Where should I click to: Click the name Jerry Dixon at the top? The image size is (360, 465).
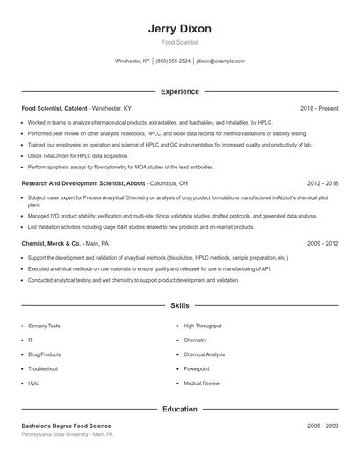point(180,28)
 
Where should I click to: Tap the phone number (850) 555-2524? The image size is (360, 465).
point(173,61)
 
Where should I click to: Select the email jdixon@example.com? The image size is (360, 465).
point(220,61)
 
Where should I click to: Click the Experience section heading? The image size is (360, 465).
point(180,91)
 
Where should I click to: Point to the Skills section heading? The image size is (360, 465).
point(180,305)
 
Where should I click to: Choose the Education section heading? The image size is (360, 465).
point(180,409)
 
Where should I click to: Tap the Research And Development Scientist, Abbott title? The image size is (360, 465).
point(83,184)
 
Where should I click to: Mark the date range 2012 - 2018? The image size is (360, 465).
point(322,184)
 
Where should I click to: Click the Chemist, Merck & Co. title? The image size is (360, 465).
point(50,242)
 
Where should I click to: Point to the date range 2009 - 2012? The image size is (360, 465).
point(322,242)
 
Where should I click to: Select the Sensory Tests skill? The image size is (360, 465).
point(44,325)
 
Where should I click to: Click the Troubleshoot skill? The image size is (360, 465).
point(42,368)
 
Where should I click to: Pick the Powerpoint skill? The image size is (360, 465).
point(197,368)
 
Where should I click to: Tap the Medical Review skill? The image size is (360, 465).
point(201,383)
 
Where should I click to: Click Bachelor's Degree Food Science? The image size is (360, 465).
point(66,426)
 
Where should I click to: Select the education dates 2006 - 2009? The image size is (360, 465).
point(322,426)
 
